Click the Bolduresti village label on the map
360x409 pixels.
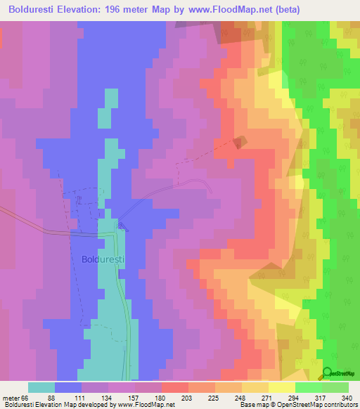pos(103,259)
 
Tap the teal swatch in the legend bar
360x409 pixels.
pos(41,387)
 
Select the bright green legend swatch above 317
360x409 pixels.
pos(308,387)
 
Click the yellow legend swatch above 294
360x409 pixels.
pos(281,387)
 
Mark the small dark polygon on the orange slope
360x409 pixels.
pos(240,142)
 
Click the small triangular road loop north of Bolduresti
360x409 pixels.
pos(123,226)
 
